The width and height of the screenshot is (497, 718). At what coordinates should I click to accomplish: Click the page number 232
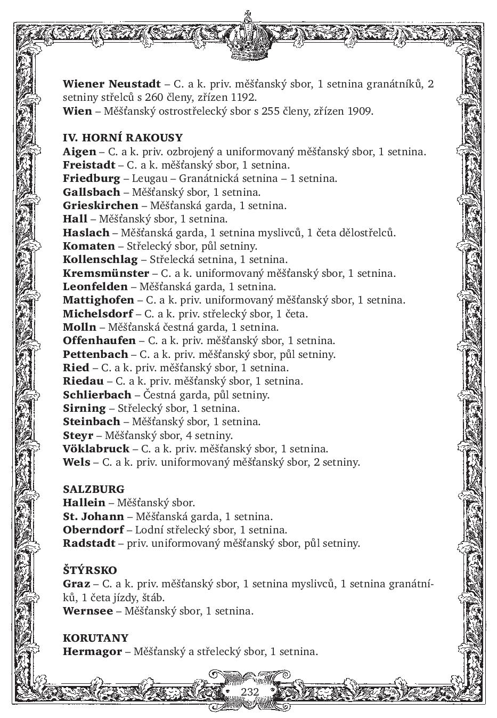click(x=249, y=692)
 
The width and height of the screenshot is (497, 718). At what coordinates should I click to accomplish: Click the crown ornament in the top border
click(x=248, y=37)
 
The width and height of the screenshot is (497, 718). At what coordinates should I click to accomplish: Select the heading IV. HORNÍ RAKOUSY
click(x=123, y=138)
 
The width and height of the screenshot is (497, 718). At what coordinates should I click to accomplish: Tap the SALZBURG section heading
click(x=94, y=489)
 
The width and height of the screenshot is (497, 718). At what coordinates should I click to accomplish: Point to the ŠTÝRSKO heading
click(x=90, y=570)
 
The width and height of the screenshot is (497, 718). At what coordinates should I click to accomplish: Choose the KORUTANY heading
click(x=96, y=638)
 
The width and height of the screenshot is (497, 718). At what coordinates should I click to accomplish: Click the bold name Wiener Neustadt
click(x=111, y=84)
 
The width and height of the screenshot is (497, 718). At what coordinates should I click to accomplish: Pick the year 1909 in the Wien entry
click(x=360, y=111)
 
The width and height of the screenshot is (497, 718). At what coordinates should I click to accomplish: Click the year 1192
click(x=244, y=98)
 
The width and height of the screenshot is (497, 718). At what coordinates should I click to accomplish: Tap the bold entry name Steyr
click(x=78, y=435)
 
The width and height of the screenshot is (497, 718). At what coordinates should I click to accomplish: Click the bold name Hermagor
click(x=92, y=651)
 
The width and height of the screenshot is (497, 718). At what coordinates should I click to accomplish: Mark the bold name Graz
click(x=76, y=584)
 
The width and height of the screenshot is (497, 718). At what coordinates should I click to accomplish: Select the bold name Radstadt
click(x=89, y=544)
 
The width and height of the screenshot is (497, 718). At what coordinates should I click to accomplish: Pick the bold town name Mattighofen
click(x=99, y=300)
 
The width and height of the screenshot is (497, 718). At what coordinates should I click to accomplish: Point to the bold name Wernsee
click(x=88, y=611)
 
